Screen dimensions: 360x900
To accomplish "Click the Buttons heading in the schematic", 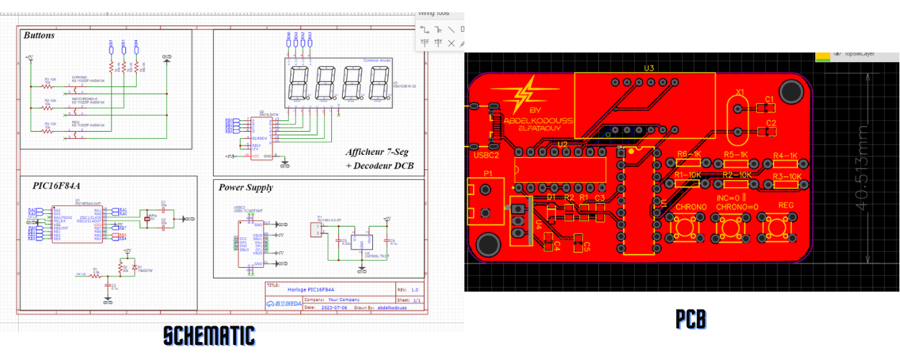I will click(x=39, y=35).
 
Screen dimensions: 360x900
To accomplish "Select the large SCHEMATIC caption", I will click(x=209, y=336).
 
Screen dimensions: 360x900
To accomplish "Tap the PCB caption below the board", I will click(x=690, y=319).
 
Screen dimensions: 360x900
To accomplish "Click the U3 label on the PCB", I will click(x=649, y=68).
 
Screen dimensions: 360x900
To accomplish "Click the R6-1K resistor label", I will click(x=689, y=155).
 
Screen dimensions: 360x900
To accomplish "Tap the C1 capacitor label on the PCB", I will click(x=769, y=99).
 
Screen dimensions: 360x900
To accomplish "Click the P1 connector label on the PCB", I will click(x=487, y=174).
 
